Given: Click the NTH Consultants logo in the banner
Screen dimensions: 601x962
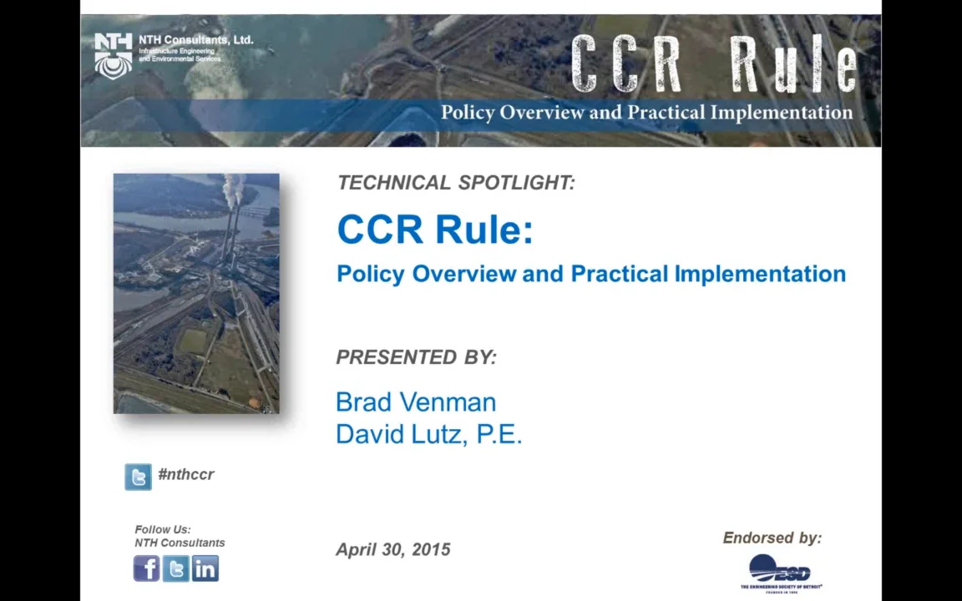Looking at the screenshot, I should [x=114, y=55].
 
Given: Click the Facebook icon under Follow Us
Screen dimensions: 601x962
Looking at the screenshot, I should [x=146, y=568].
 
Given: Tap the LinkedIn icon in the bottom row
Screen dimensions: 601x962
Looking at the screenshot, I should [x=205, y=568].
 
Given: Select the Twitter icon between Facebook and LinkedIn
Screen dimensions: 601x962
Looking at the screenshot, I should [x=175, y=568].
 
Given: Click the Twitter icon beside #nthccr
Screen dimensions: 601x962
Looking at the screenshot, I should [x=138, y=477].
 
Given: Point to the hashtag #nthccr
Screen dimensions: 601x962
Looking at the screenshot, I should [x=186, y=474].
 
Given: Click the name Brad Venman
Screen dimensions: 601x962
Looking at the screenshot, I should [x=416, y=402].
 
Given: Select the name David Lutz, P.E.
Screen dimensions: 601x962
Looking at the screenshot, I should [x=428, y=434].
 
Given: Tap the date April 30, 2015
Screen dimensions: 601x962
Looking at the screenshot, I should [x=392, y=549].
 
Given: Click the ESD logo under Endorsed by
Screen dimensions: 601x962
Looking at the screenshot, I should [x=780, y=573].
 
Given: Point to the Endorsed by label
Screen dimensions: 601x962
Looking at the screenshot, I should [x=772, y=538].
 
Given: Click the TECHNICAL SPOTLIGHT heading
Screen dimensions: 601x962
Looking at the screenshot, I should [x=456, y=183].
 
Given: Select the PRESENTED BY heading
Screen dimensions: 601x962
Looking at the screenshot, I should [x=416, y=357].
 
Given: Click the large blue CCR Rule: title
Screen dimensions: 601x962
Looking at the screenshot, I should [x=434, y=230].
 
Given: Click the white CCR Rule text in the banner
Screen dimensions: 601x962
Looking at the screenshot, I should [x=714, y=65].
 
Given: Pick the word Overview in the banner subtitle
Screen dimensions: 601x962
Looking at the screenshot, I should [x=543, y=113].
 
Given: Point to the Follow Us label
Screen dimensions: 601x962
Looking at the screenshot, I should [x=162, y=529].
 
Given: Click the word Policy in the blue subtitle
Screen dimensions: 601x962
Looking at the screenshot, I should [x=371, y=274].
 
